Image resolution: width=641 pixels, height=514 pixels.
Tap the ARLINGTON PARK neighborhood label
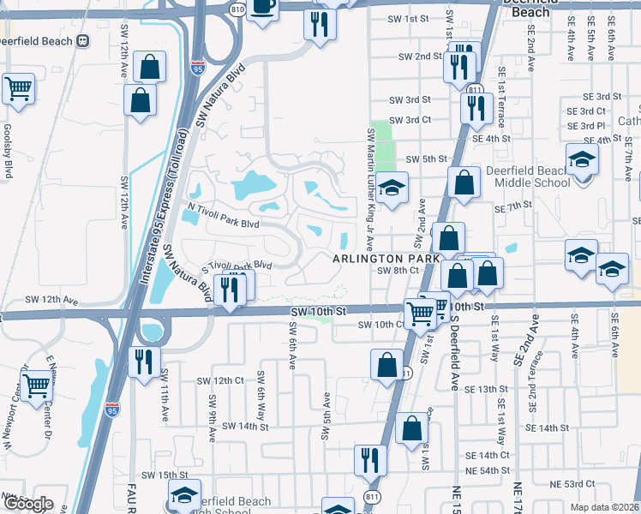tap(386, 258)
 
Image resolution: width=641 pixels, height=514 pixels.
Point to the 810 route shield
tap(237, 8)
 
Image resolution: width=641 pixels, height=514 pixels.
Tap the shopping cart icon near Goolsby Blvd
tap(18, 88)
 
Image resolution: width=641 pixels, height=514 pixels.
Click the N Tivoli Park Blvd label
tap(224, 223)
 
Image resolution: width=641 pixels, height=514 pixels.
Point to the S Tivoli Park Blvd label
tap(236, 266)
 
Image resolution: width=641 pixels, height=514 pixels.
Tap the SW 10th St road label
tap(317, 311)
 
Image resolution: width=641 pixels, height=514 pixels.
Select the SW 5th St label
tap(427, 159)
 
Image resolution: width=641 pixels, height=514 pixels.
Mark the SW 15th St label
tap(165, 475)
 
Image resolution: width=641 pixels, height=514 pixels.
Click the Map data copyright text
tap(605, 507)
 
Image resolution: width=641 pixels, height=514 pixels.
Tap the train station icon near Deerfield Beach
tap(83, 39)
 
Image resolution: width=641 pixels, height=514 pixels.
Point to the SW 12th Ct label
tap(220, 380)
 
